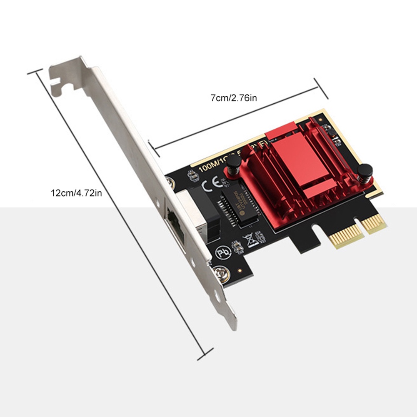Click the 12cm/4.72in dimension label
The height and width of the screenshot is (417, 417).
coord(76,193)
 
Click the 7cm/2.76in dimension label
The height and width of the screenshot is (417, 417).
coord(234,98)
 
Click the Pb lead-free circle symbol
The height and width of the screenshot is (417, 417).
coord(221,252)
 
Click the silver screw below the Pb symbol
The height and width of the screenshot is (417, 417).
coord(218,273)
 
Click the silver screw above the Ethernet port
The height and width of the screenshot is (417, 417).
coord(170,182)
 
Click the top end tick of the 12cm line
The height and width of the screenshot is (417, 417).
coord(35,72)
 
